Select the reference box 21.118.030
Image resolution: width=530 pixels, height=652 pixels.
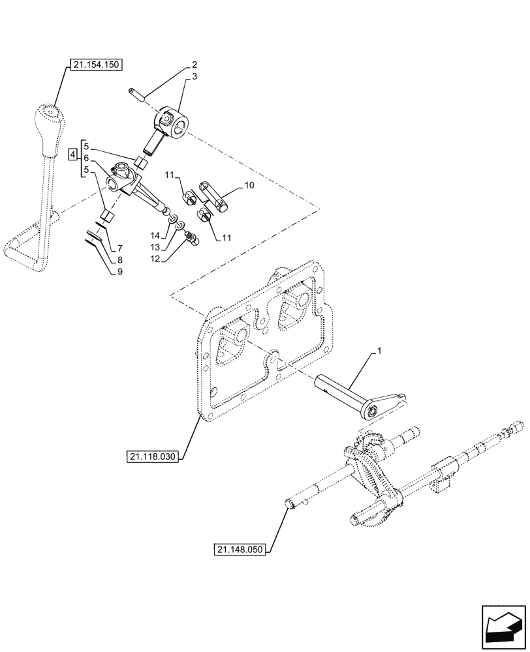149,456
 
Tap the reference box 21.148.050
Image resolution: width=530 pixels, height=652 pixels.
240,550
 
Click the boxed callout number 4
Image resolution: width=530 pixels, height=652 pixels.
73,155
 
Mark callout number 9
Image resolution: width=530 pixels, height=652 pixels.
119,273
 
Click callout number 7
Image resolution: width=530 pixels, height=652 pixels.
119,249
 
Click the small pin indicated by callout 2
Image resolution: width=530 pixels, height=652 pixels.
138,95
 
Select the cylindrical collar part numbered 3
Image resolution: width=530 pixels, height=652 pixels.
172,123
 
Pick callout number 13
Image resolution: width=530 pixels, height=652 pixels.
155,248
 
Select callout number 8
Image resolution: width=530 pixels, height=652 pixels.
119,261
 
